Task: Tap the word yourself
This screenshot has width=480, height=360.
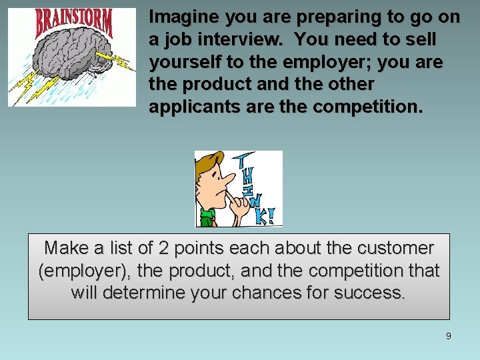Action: (181, 62)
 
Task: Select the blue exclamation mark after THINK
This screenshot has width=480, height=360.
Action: (271, 215)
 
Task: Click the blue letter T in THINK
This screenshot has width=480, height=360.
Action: (244, 160)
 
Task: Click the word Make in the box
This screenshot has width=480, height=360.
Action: (67, 248)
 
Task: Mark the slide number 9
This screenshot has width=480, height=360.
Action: (448, 336)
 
